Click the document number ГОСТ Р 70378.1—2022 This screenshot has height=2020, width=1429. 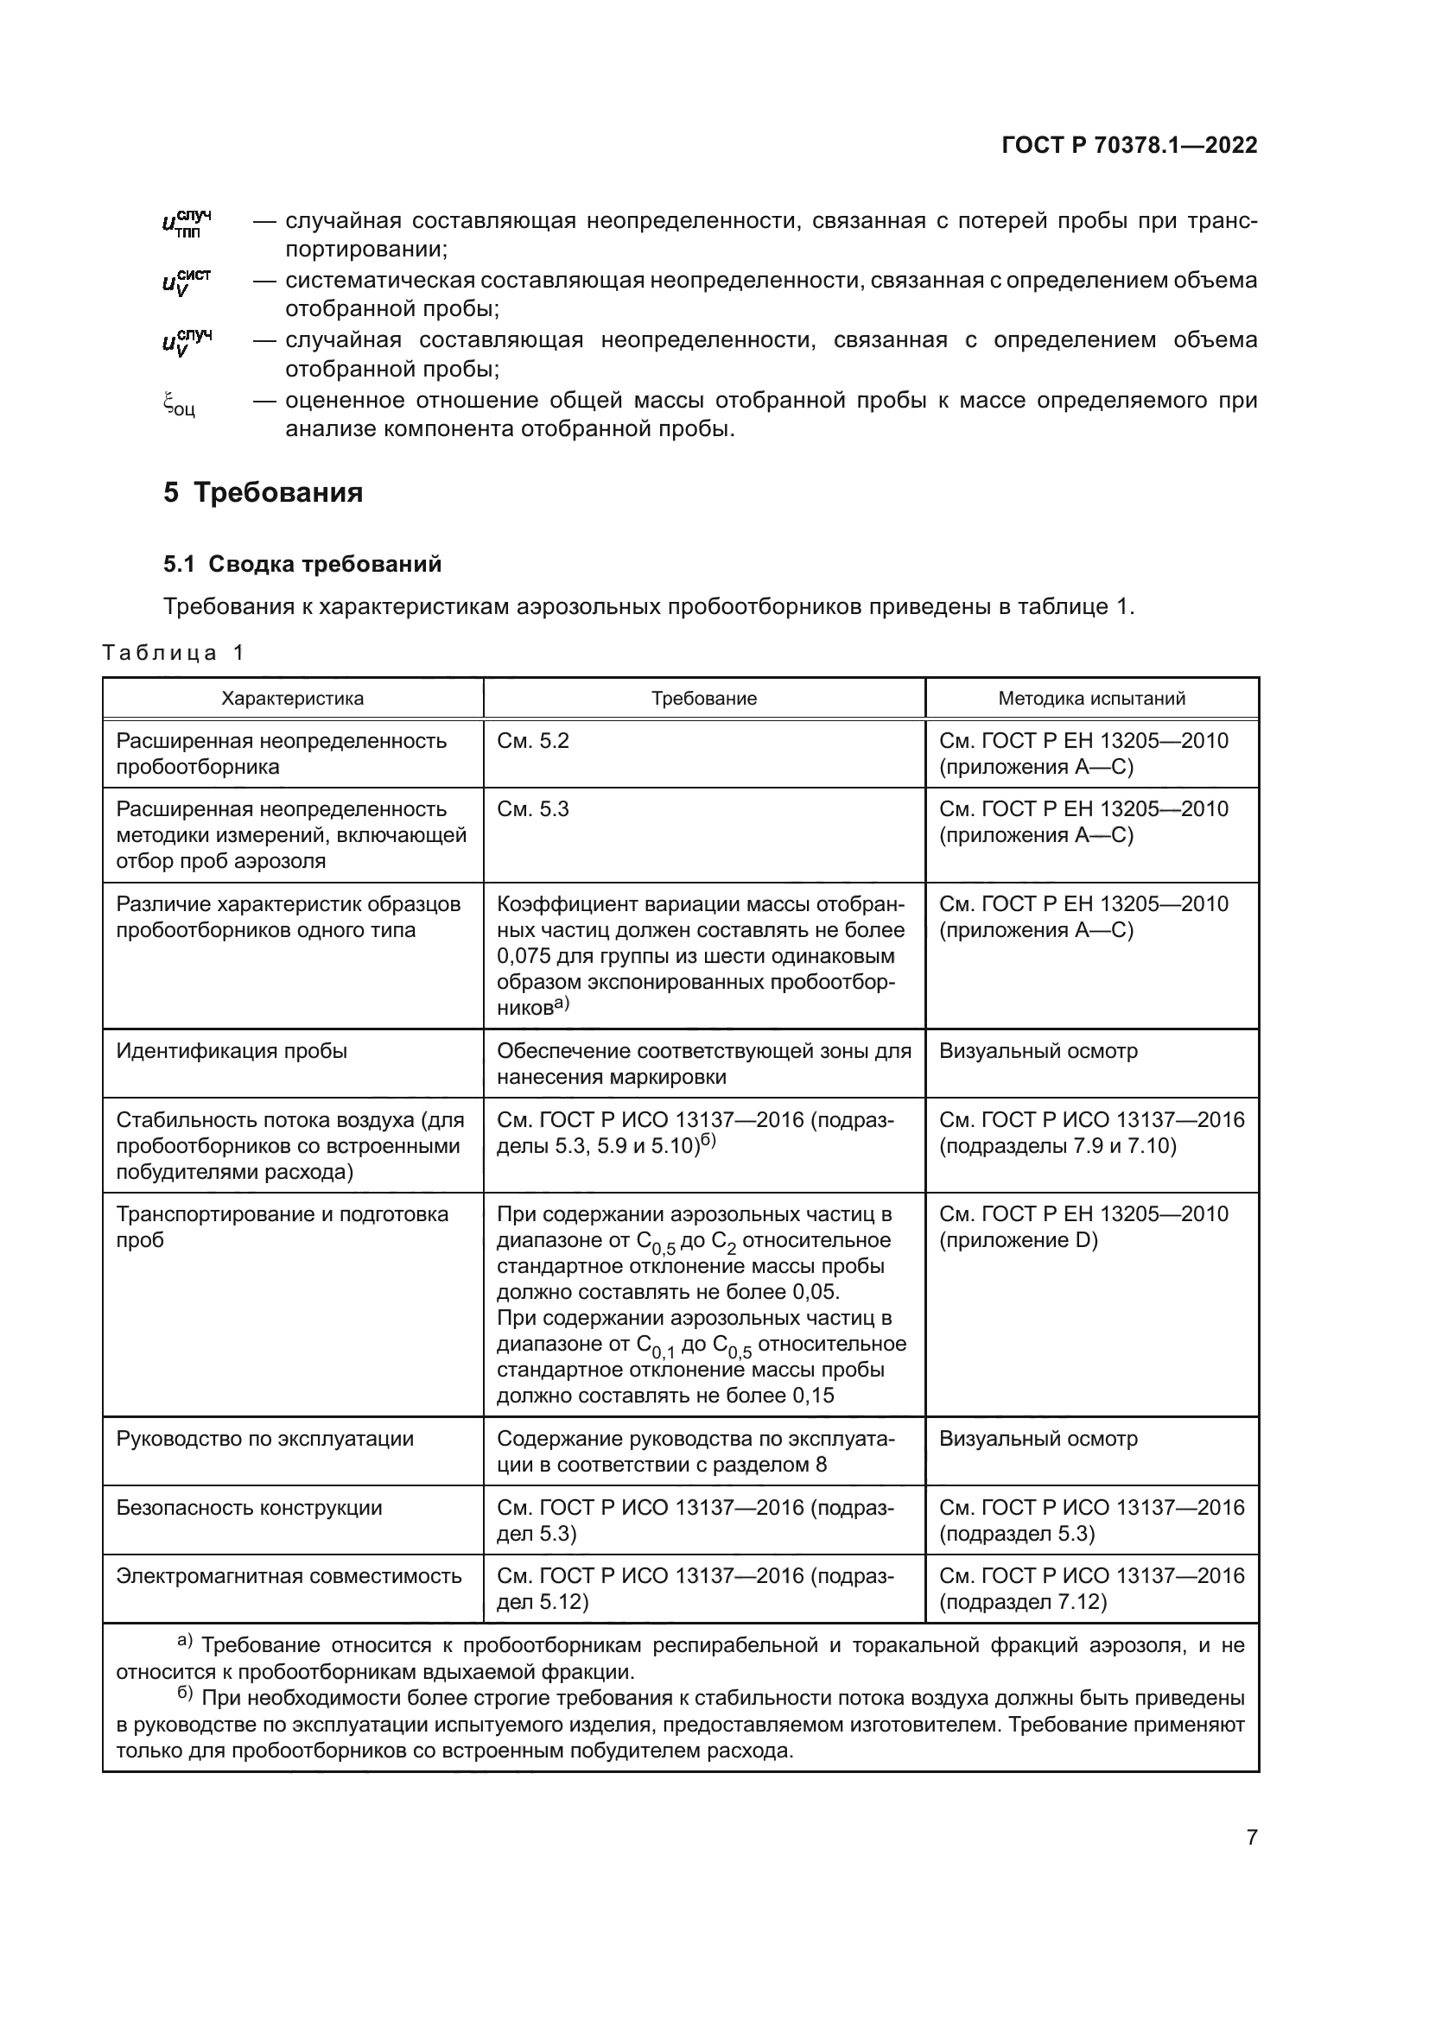click(1129, 145)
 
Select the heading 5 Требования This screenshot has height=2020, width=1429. click(264, 491)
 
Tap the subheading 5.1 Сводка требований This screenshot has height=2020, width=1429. click(302, 564)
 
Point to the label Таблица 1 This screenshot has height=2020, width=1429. click(173, 652)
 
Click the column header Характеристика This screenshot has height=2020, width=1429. click(292, 699)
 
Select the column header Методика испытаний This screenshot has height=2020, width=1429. click(1091, 699)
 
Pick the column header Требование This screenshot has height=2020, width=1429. click(704, 699)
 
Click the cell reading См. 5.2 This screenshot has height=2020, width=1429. click(533, 741)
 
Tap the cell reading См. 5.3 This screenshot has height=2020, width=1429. click(533, 809)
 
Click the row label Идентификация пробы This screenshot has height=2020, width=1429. click(232, 1051)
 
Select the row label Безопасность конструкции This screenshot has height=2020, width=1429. click(249, 1508)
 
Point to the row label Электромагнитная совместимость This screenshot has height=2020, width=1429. click(289, 1576)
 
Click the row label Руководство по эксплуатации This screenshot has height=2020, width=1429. click(265, 1440)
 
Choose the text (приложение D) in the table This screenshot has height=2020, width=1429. click(1018, 1240)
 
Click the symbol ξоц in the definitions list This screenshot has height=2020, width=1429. click(179, 406)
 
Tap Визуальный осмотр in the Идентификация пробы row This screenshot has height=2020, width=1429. click(1038, 1051)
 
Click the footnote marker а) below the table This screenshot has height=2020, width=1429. click(185, 1640)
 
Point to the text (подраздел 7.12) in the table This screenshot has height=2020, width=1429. click(1022, 1602)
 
